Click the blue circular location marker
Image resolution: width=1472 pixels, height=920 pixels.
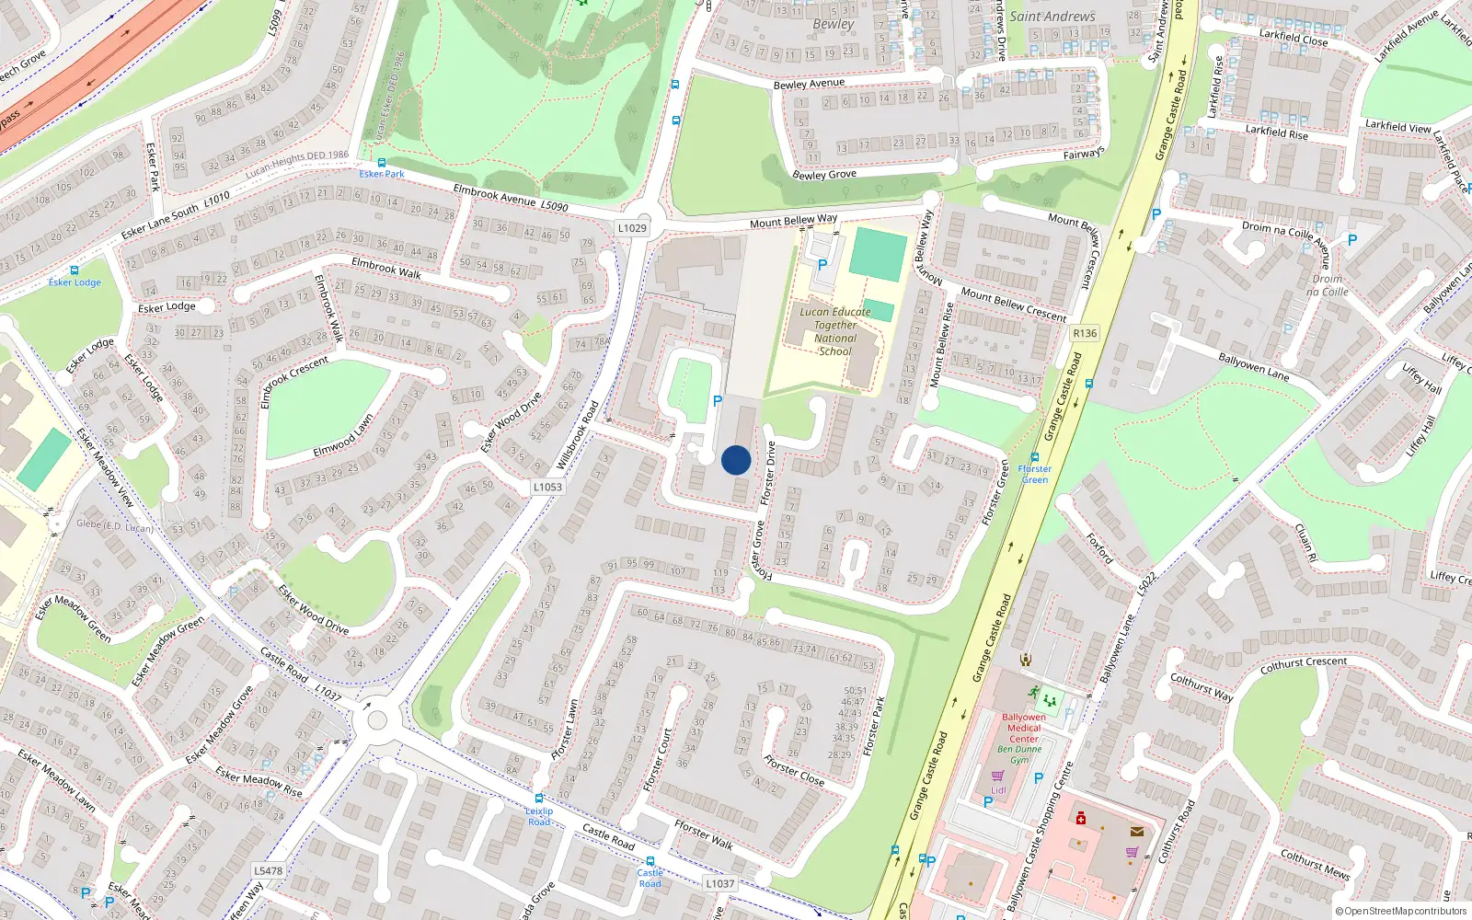coord(736,460)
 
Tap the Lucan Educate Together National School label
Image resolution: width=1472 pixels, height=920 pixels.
coord(834,331)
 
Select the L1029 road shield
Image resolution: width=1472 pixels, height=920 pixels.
coord(632,228)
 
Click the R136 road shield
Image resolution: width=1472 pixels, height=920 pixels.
coord(1085,333)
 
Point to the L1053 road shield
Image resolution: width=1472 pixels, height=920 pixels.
coord(547,487)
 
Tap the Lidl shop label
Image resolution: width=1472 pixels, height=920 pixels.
coord(998,789)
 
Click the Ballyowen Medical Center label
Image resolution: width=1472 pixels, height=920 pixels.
coord(1023,728)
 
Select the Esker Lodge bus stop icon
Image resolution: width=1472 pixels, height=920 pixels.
coord(75,270)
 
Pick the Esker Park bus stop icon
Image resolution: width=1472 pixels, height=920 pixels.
coord(381,163)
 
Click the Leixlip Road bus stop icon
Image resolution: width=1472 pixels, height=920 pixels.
coord(539,799)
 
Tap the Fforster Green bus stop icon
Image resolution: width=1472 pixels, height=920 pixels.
coord(1035,457)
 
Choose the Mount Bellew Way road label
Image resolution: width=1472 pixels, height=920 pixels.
coord(793,221)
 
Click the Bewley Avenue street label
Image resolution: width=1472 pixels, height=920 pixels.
coord(809,84)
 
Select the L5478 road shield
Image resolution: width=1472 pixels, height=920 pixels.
coord(268,870)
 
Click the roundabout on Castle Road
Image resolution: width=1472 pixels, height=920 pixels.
coord(376,719)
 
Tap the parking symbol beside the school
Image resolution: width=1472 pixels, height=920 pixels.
coord(822,265)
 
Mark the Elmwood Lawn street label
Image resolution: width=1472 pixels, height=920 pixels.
coord(343,436)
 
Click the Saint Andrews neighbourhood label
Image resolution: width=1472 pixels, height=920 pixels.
coord(1052,17)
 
